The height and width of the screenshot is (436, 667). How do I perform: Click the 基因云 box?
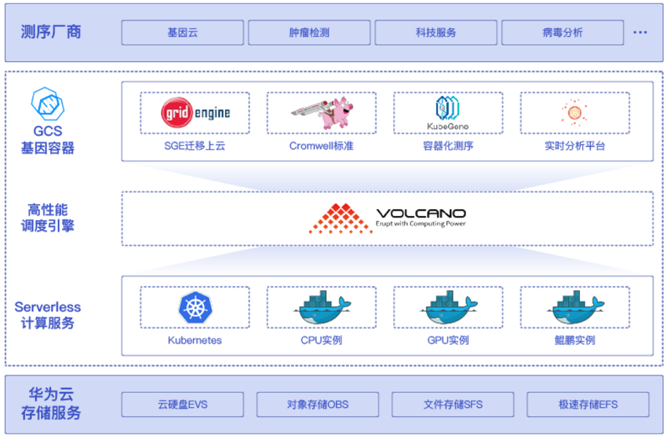[183, 32]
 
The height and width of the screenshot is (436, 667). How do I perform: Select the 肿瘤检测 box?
[309, 32]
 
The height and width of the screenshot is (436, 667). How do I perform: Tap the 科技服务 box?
[436, 32]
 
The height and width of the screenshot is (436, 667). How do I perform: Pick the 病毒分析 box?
[563, 32]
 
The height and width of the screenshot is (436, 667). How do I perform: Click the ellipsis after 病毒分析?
[640, 32]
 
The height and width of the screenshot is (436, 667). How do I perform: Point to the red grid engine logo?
[177, 112]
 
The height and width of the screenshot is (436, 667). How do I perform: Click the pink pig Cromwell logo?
[323, 112]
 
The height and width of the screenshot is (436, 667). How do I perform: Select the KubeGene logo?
[447, 113]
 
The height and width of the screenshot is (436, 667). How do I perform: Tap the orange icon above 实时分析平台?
[574, 112]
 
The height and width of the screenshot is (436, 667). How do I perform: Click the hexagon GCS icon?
[48, 104]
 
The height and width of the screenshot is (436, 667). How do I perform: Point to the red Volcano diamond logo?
[340, 218]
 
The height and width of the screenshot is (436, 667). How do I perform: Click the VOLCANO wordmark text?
[421, 213]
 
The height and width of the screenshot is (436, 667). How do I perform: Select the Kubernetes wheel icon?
[195, 307]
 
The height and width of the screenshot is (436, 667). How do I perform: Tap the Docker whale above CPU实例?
[322, 307]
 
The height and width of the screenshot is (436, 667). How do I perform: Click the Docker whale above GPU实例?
[449, 307]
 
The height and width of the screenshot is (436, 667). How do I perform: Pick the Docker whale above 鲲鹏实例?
[575, 307]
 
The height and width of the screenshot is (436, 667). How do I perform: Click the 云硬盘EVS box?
[183, 405]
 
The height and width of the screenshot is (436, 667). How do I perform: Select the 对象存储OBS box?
[318, 405]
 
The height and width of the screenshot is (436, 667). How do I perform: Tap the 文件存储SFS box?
[453, 405]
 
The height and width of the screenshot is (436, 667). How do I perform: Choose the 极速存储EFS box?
[589, 405]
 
